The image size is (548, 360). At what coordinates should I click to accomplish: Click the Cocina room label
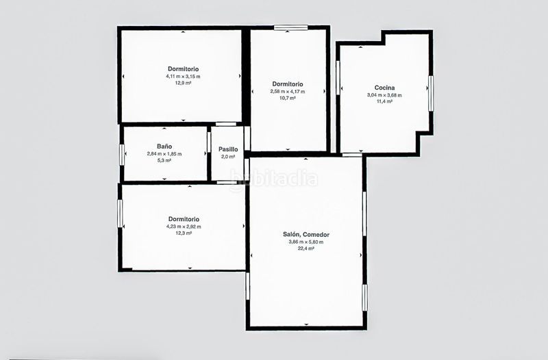click(384, 88)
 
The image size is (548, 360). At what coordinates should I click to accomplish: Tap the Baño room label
click(164, 146)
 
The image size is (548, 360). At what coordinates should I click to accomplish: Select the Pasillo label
click(228, 149)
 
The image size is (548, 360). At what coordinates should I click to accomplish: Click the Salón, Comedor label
click(306, 235)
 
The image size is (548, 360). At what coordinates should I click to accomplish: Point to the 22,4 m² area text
click(306, 248)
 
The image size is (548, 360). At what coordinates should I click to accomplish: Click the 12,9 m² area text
click(183, 83)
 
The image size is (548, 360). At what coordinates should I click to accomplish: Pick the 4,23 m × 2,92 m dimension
click(184, 227)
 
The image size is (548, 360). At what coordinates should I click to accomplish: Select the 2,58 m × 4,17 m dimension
click(287, 92)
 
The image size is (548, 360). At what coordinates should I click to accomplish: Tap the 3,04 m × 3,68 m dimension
click(384, 95)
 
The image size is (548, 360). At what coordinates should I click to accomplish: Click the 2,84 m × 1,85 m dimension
click(164, 154)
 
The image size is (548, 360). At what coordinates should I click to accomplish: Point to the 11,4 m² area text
click(384, 101)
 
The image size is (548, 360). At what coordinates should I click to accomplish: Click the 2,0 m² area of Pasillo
click(228, 157)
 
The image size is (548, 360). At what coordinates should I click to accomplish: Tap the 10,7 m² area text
click(287, 98)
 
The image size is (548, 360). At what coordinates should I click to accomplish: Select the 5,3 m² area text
click(164, 161)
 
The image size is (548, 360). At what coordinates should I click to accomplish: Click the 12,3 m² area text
click(184, 233)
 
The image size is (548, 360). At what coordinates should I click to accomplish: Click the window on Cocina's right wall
click(431, 93)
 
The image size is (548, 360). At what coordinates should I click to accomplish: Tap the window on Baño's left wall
click(122, 155)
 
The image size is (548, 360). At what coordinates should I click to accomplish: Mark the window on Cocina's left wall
click(338, 77)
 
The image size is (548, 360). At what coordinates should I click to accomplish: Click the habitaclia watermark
click(273, 179)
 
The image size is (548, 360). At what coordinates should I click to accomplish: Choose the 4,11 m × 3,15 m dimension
click(183, 77)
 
